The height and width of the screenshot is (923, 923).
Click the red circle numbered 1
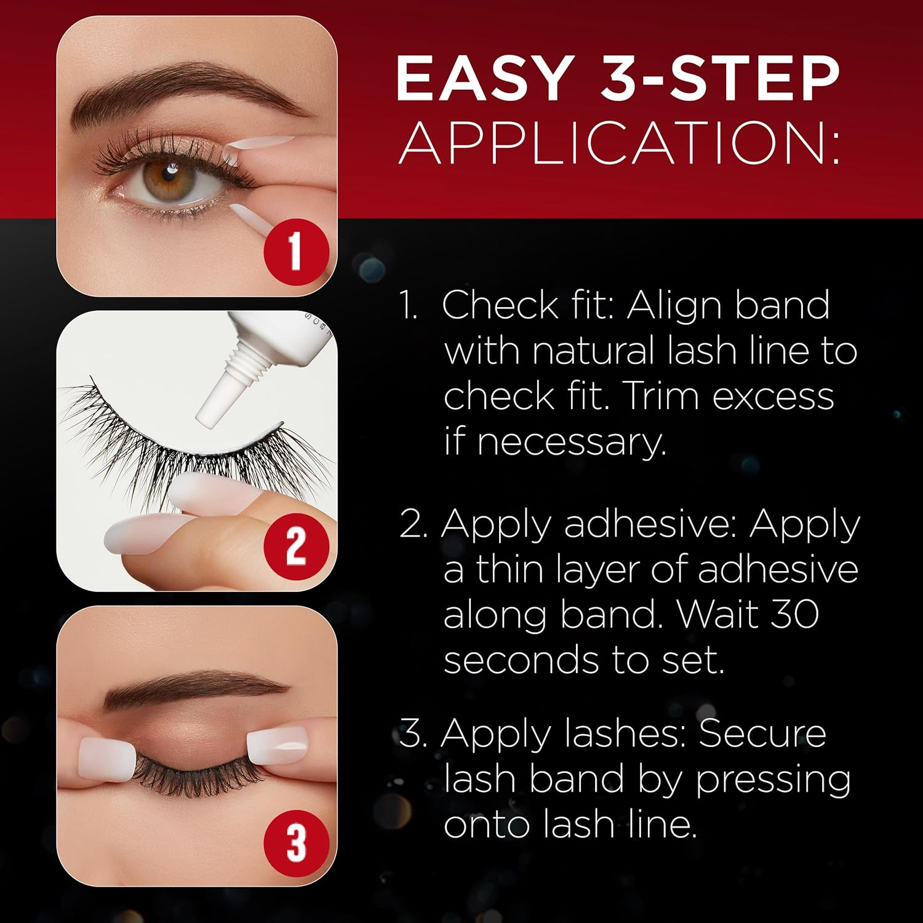(x=296, y=252)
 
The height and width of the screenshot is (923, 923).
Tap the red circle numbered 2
(x=296, y=546)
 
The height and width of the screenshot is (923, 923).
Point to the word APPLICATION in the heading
(x=618, y=143)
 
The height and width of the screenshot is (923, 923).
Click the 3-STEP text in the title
(x=720, y=78)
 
